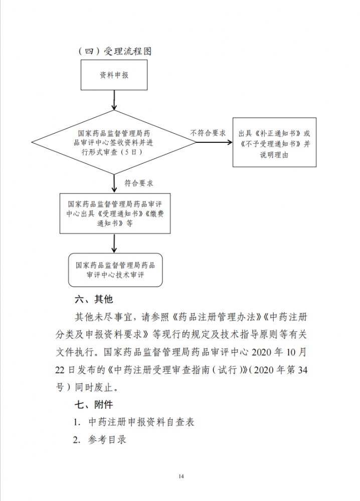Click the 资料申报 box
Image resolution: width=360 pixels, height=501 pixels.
(x=114, y=75)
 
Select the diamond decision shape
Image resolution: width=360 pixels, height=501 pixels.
(x=114, y=142)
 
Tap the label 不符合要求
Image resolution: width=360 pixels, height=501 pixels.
(x=208, y=133)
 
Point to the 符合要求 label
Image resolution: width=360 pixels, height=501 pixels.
(x=139, y=183)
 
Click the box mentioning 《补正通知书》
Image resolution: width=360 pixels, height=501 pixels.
(x=274, y=142)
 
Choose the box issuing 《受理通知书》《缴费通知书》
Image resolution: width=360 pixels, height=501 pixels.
(x=115, y=213)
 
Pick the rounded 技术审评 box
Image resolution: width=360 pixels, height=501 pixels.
(x=115, y=270)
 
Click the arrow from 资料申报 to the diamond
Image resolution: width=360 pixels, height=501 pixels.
(x=114, y=100)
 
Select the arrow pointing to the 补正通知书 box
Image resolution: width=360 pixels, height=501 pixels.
(x=214, y=142)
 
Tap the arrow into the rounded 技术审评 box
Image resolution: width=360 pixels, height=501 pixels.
(x=114, y=243)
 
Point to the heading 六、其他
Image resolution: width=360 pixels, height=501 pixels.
(x=94, y=299)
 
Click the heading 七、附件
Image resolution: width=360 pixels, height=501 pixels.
(x=94, y=404)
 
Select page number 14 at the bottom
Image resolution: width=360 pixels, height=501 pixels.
(x=182, y=476)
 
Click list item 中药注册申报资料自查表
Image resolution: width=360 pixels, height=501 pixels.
(x=141, y=422)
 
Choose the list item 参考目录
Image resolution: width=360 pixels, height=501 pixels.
(x=107, y=440)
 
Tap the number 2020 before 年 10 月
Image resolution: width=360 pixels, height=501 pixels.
(x=263, y=352)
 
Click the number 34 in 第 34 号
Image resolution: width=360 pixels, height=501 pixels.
(x=302, y=370)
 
